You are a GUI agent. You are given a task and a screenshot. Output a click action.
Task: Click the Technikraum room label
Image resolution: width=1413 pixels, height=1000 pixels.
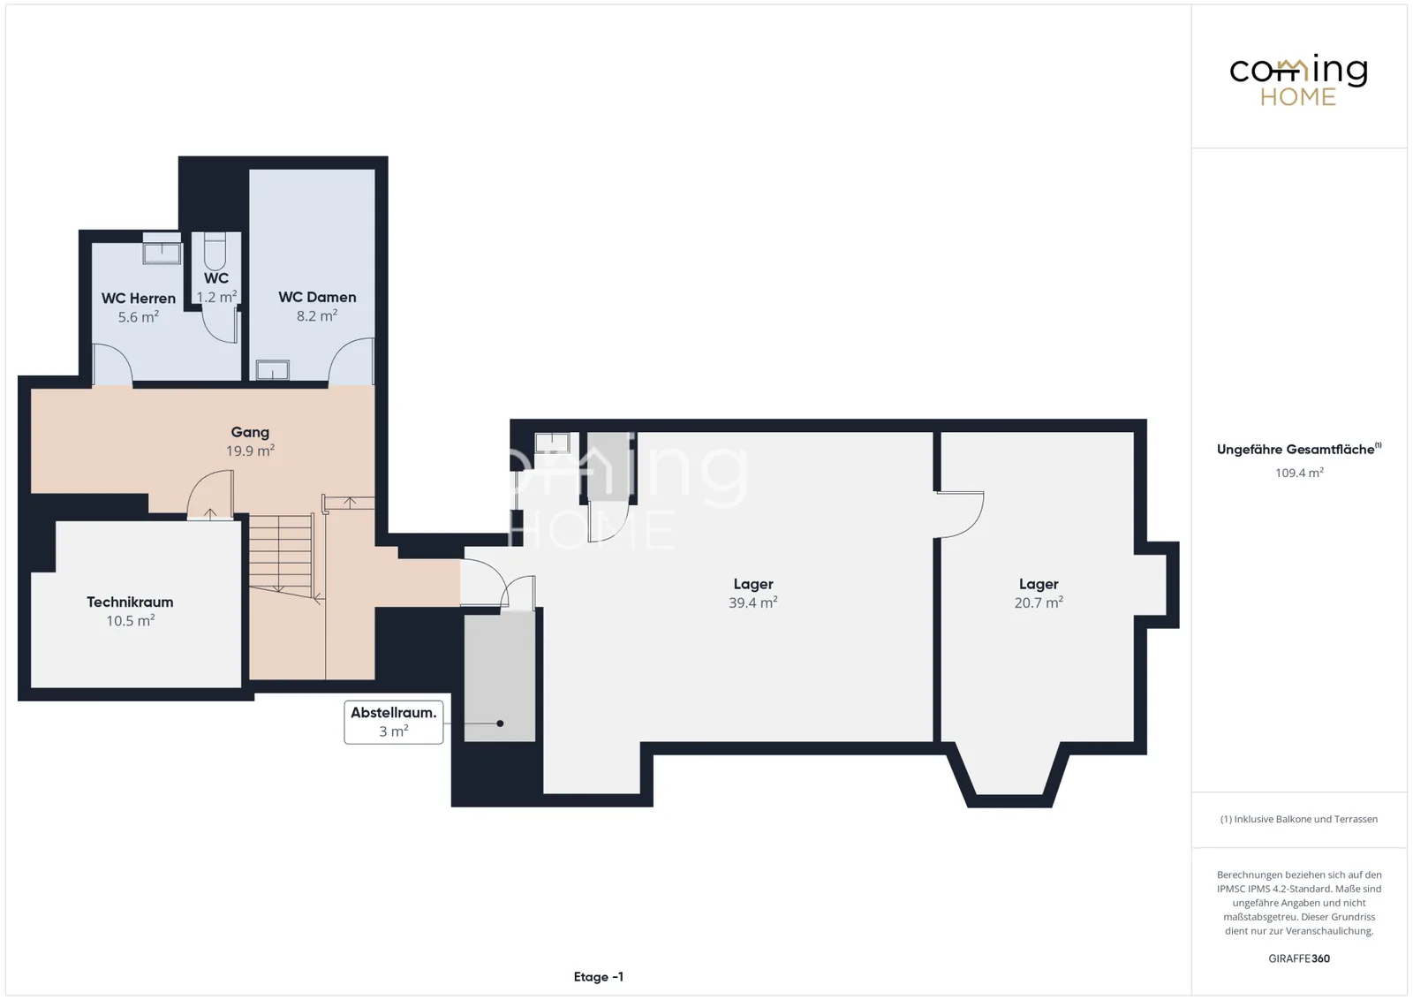point(130,602)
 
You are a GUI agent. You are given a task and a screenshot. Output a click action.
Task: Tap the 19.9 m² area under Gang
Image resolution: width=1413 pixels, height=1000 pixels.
point(251,451)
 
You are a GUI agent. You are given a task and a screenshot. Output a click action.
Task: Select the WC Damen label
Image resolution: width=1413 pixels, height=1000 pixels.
point(317,297)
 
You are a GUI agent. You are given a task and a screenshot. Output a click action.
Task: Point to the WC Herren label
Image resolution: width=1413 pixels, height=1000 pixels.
point(139,299)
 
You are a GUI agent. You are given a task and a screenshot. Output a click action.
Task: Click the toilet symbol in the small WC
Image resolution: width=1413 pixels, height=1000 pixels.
point(215,251)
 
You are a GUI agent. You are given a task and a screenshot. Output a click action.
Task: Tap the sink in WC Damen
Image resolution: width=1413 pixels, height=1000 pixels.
point(273,370)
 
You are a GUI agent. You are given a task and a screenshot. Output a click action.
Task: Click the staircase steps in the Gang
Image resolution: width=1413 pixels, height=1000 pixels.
point(282,555)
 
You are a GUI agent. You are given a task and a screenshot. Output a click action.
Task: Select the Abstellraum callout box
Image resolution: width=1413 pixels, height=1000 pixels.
point(394,722)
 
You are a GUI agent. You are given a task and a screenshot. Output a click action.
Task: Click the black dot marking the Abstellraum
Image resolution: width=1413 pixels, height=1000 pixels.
point(500,723)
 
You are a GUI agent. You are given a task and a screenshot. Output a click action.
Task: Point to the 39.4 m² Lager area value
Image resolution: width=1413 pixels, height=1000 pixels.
point(753,602)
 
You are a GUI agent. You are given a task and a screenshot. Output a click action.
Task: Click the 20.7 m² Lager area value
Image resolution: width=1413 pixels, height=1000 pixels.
point(1039,602)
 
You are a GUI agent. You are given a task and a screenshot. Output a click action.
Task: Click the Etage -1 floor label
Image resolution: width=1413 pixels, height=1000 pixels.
point(599,977)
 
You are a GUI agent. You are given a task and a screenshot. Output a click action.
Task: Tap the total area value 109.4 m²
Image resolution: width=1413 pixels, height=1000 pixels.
point(1299,473)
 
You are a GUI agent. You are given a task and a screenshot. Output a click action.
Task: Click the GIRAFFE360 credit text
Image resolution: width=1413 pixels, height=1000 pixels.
point(1299,958)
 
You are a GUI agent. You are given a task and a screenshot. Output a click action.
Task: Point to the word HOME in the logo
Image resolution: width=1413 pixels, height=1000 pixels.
point(1298,97)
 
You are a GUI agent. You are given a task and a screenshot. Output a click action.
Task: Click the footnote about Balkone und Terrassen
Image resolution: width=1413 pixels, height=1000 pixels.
point(1299,819)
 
